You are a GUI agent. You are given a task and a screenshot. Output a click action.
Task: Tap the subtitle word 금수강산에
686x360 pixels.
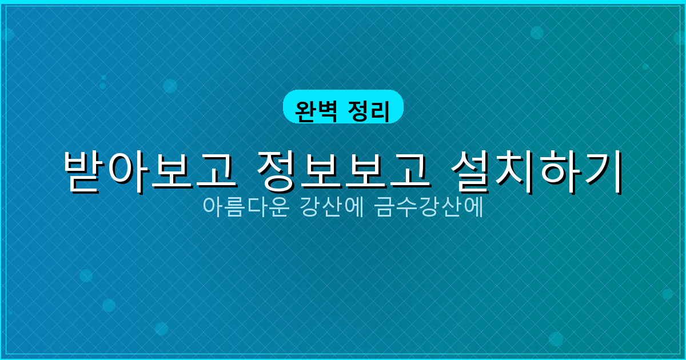pos(429,207)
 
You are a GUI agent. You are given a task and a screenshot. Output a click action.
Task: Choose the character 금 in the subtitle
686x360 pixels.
pos(386,207)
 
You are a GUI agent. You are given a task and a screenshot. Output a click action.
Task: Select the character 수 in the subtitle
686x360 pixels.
pos(408,207)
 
